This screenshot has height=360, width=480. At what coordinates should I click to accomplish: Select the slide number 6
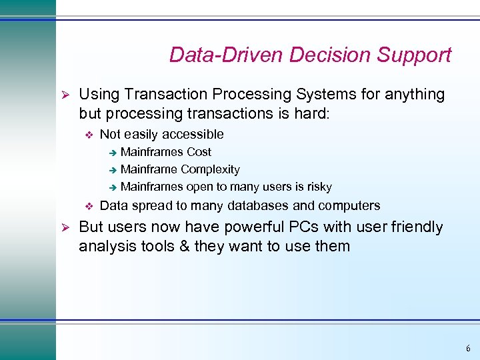pyautogui.click(x=468, y=349)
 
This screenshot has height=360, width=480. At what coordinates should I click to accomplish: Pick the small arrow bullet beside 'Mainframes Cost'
pyautogui.click(x=113, y=153)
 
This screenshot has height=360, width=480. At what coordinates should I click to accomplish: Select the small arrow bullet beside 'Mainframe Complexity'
pyautogui.click(x=113, y=170)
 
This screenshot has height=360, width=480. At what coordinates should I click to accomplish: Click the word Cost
pyautogui.click(x=199, y=152)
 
